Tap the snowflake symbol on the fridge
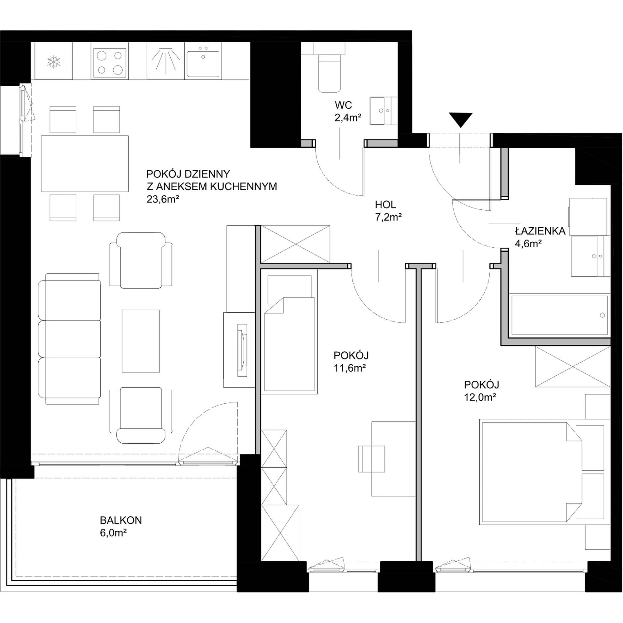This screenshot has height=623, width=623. coord(54,62)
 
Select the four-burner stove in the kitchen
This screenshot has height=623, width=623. coord(109,63)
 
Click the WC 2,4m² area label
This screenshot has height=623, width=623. coord(348,111)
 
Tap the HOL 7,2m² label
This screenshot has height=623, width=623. coord(388,211)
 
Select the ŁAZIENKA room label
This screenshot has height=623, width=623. coord(540,231)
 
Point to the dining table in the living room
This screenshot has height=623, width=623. coord(85,164)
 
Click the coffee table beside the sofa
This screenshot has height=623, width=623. coord(141,341)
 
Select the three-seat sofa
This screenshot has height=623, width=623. coord(69,339)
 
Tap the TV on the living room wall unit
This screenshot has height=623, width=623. coord(242,350)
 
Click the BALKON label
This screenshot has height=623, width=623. coord(121,520)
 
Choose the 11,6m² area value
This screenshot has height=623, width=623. coord(350,368)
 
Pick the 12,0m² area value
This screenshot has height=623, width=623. coord(480,397)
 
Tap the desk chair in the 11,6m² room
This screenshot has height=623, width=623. coord(372,459)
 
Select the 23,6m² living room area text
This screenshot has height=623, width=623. coord(163,199)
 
